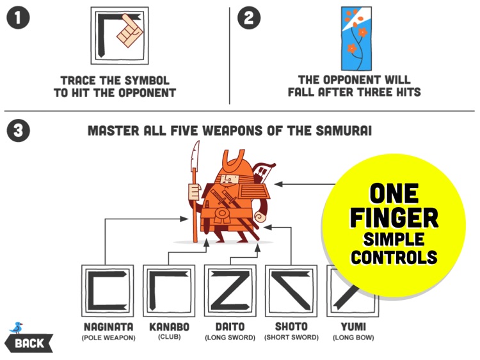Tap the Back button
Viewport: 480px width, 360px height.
29,343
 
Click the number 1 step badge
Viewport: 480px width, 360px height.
18,18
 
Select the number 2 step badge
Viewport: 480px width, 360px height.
249,18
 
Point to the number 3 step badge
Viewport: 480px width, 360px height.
18,130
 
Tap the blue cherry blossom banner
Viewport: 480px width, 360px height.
356,39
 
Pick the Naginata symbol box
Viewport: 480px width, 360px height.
108,291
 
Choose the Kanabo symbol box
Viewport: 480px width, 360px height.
169,291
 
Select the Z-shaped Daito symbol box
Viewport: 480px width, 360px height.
230,291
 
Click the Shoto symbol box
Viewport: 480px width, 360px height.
291,291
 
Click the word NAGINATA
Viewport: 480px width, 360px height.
108,327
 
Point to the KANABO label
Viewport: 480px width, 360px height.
170,327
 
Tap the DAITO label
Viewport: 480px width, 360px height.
230,327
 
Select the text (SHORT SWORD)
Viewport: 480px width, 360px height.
291,338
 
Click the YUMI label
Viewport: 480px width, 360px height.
353,327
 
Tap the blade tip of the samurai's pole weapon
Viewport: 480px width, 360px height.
198,141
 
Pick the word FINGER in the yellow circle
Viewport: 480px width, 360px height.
394,217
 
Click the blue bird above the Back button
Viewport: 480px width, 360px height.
17,328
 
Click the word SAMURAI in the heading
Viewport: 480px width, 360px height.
344,130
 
